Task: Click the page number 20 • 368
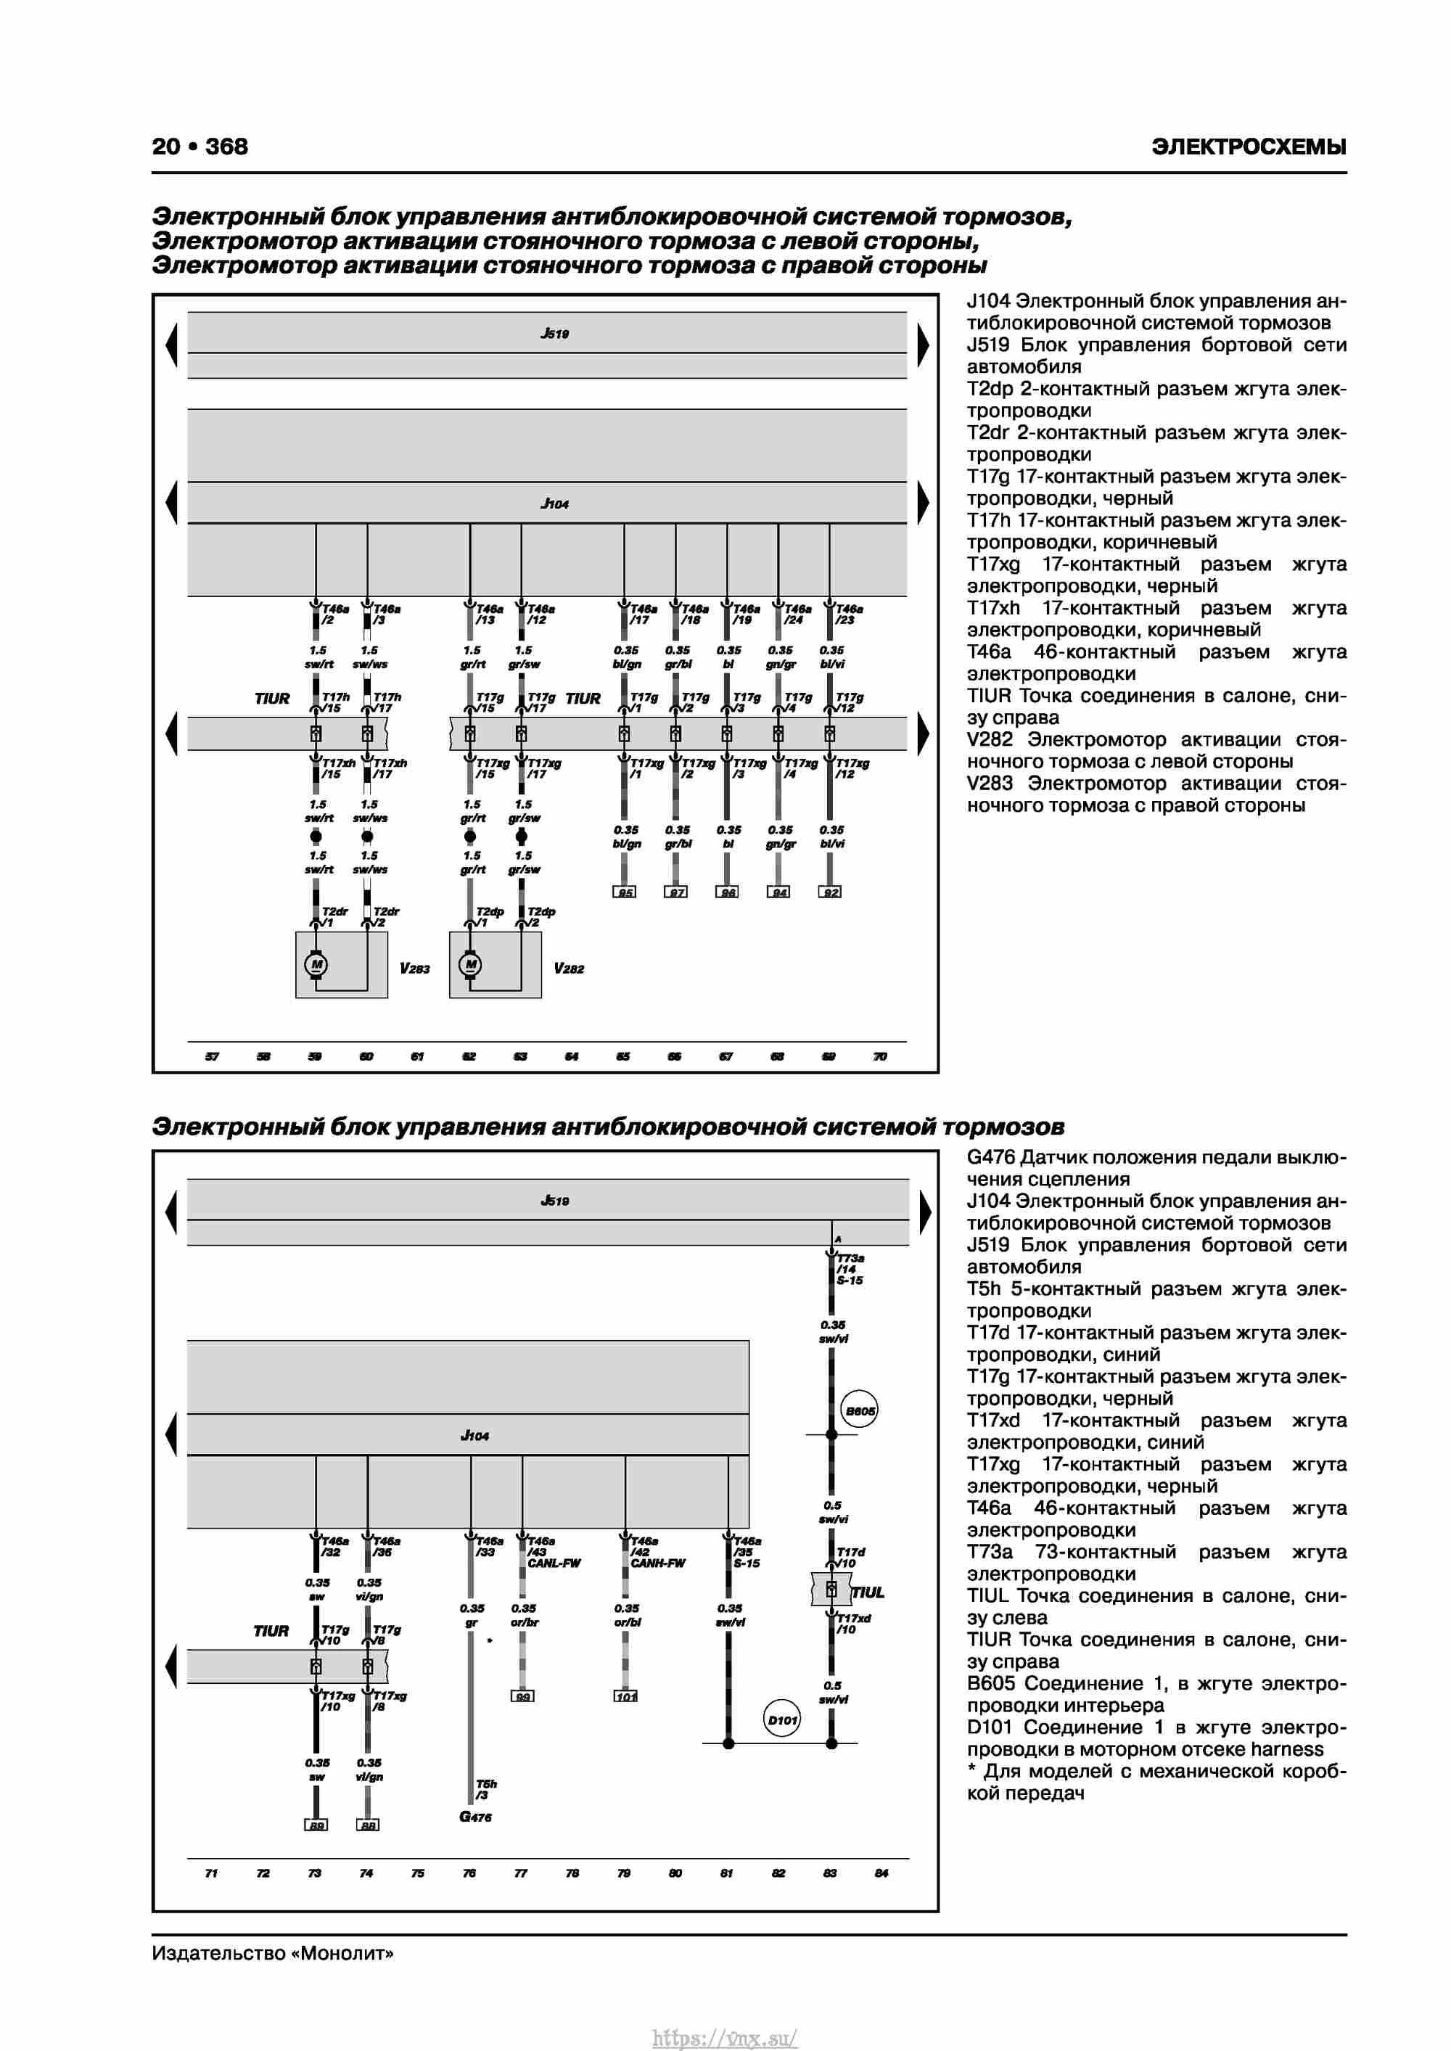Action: pos(200,147)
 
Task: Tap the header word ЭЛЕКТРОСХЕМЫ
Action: pos(1248,147)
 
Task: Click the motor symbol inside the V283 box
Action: pos(316,965)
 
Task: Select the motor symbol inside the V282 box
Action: pos(470,965)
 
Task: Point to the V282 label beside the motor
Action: pos(568,969)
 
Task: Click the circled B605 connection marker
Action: pos(860,1410)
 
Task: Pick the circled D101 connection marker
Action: pos(783,1719)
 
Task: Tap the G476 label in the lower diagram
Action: pos(475,1817)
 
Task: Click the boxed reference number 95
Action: pos(625,892)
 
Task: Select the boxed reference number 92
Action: pos(830,892)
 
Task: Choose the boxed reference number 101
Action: pos(625,1696)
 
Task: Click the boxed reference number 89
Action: pos(316,1825)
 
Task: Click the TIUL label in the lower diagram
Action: pos(868,1592)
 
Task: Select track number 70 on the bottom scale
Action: pos(880,1057)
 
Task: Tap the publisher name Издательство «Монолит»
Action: pos(273,1954)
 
